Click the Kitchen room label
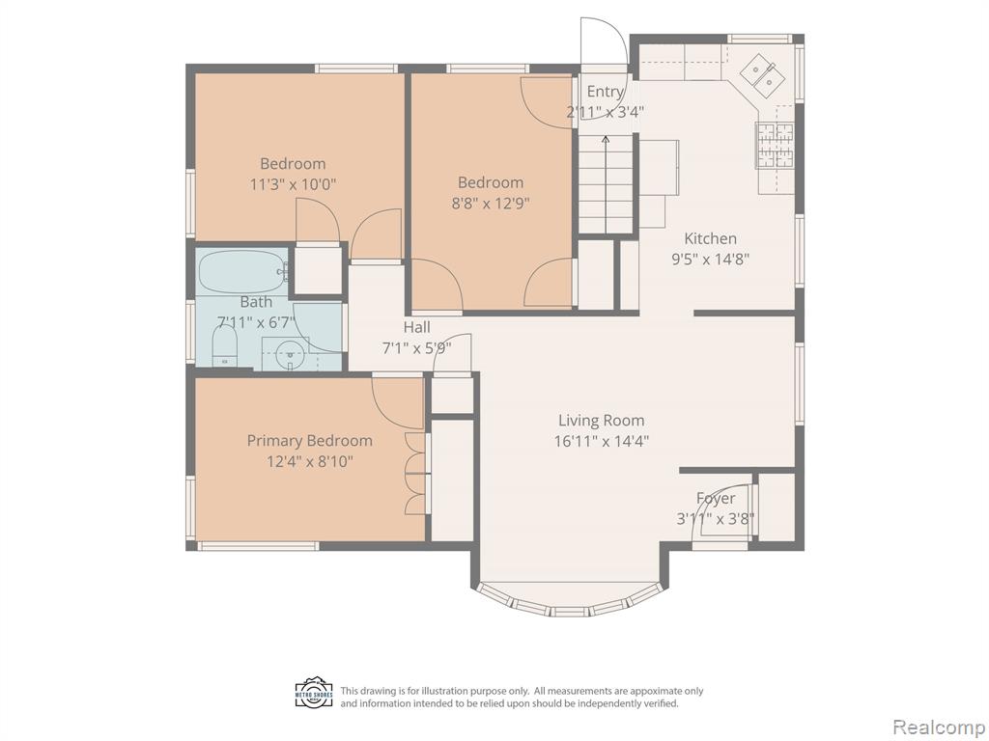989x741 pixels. click(x=710, y=239)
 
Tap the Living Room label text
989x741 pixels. click(x=601, y=421)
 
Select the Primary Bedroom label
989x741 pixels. click(x=309, y=440)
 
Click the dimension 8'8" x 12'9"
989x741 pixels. click(x=491, y=204)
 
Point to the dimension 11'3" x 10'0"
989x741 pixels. click(x=293, y=184)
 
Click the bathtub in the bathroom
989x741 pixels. click(x=243, y=271)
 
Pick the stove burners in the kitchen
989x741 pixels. click(x=775, y=145)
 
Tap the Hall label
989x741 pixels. click(x=417, y=327)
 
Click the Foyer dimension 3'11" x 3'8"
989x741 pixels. click(x=716, y=518)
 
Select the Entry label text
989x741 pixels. click(x=605, y=92)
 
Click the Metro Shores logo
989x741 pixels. click(x=314, y=693)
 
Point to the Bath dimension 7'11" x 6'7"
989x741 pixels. click(x=256, y=322)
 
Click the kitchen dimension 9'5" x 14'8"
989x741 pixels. click(x=710, y=259)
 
